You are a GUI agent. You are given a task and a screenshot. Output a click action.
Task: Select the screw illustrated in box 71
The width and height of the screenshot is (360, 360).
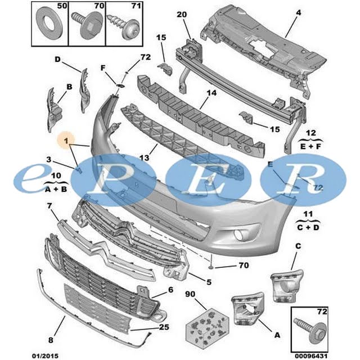(x=124, y=27)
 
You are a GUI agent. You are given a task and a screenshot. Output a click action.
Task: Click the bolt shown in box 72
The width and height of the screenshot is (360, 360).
(x=310, y=331)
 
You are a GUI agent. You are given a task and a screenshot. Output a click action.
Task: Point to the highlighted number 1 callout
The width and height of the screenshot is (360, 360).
(x=66, y=140)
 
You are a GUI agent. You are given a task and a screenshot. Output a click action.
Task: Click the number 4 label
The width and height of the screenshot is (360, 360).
(x=298, y=12)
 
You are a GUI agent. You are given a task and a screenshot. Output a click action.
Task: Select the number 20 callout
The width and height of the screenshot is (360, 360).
(x=182, y=15)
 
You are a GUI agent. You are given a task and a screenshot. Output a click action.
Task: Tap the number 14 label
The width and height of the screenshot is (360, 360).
(x=211, y=93)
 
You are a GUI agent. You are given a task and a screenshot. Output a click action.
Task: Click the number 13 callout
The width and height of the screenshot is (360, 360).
(x=145, y=157)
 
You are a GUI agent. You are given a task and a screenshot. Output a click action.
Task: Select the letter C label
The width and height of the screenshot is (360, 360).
(x=298, y=246)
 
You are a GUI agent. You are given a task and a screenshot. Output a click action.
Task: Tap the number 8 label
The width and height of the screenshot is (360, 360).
(x=51, y=340)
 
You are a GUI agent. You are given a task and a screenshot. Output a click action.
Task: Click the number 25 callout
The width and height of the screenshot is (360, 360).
(x=164, y=327)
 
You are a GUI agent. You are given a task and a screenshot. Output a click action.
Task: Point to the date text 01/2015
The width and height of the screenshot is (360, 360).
(x=45, y=355)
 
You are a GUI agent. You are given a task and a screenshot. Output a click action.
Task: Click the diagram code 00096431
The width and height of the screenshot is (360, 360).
(x=311, y=356)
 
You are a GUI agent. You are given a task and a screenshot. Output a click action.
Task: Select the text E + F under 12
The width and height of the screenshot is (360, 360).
(x=310, y=146)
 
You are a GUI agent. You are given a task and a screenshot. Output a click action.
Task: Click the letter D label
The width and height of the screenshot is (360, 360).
(x=57, y=60)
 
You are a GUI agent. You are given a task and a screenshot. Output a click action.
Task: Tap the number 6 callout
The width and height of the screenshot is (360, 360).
(x=170, y=290)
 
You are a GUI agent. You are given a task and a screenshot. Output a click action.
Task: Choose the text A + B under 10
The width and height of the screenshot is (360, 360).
(x=56, y=190)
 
